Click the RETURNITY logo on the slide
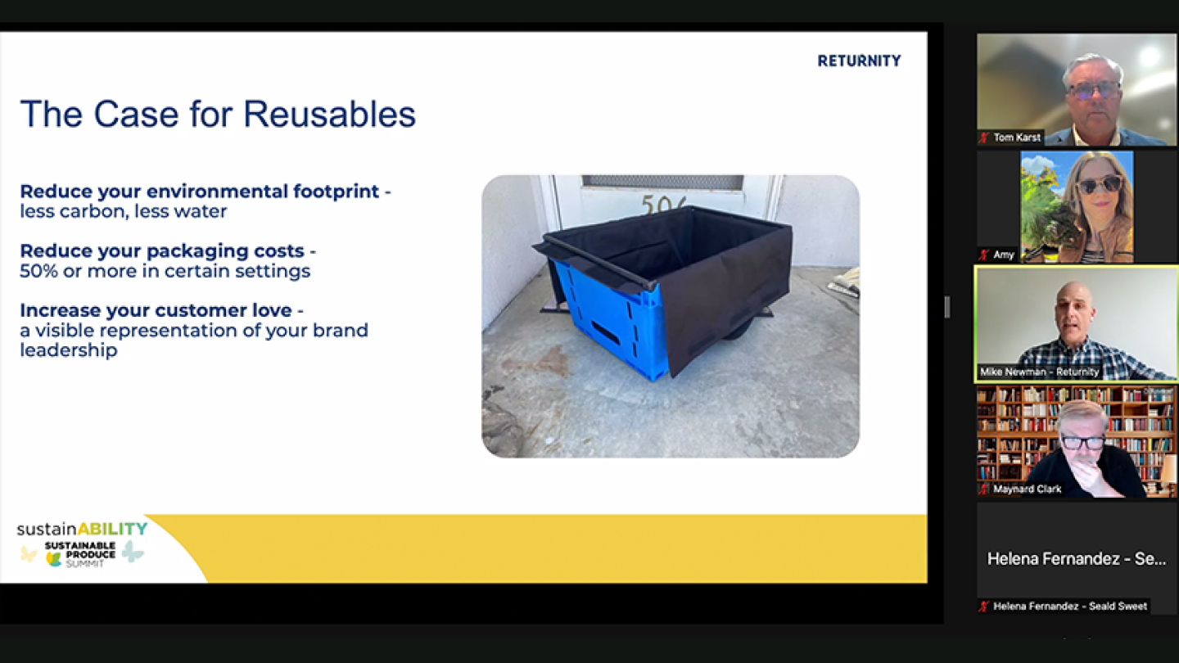859,61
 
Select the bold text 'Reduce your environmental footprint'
200,192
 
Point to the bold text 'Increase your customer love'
156,311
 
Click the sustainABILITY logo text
82,530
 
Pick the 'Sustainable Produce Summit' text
79,554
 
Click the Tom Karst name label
1016,138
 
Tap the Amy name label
1003,255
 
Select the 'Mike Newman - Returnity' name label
1039,372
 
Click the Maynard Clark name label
1027,489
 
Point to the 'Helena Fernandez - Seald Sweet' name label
1068,607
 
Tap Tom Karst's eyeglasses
1094,89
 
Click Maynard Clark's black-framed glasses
1082,443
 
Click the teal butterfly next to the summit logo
133,551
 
